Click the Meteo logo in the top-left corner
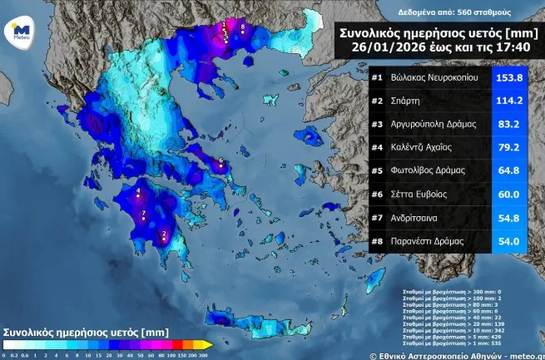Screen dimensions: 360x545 [x=21, y=32]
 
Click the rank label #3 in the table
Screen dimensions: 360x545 [x=377, y=125]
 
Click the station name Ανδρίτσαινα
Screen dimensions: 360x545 [x=420, y=218]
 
